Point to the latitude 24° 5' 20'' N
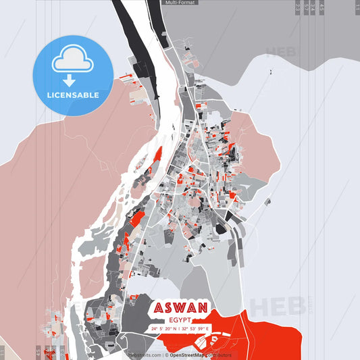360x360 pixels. tap(166, 329)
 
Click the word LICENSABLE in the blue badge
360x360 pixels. tap(72, 95)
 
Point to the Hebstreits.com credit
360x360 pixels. tap(145, 355)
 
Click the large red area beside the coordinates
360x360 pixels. tap(270, 324)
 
